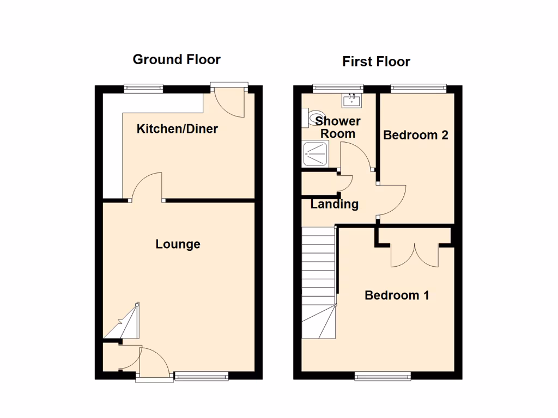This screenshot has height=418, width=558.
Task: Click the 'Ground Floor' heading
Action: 177,59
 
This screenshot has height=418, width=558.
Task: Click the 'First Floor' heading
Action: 376,62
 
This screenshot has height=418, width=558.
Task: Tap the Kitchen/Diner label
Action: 177,129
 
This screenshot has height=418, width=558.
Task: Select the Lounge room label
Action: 178,244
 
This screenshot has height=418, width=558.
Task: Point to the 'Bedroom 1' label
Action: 397,295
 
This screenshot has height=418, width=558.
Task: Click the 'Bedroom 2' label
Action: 416,135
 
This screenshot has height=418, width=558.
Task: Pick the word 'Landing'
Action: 335,205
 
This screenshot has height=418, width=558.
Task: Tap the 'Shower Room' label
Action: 338,127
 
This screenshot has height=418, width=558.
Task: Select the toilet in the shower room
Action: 312,117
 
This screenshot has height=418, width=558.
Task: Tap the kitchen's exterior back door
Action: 230,101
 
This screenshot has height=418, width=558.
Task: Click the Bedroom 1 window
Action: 382,376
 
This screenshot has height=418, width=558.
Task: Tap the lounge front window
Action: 201,376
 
